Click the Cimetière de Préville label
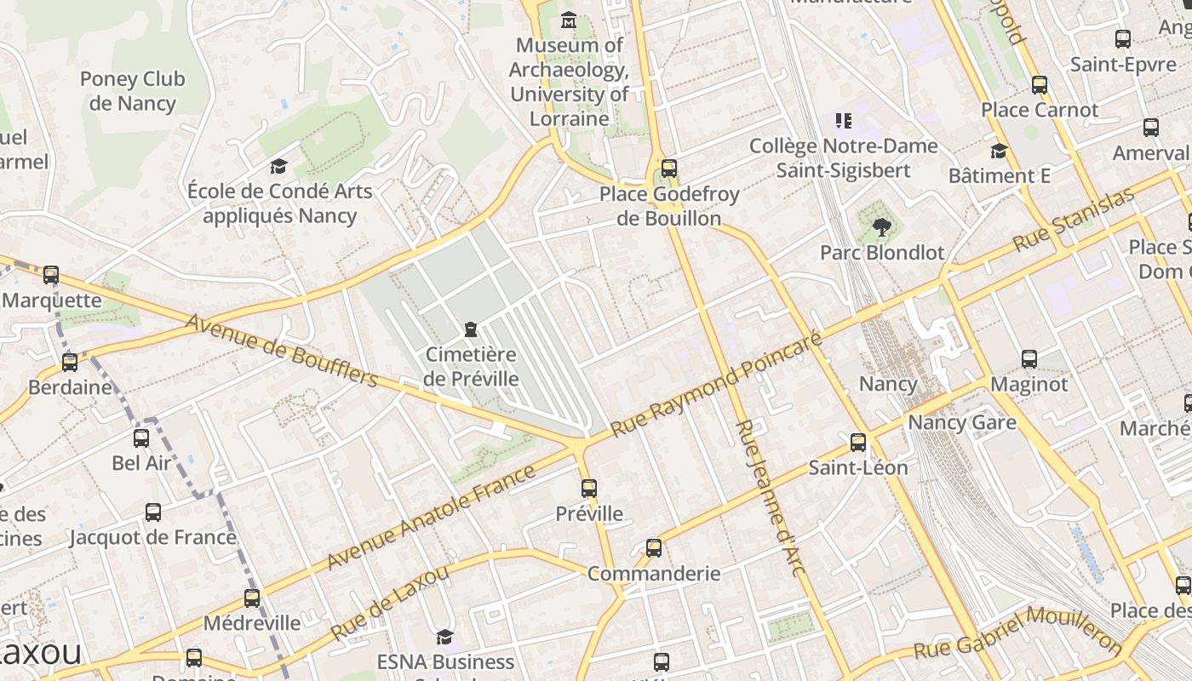click(x=471, y=366)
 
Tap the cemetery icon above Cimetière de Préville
click(x=470, y=329)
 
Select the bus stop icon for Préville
click(x=589, y=489)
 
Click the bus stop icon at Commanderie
click(x=654, y=548)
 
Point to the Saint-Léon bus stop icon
click(x=858, y=443)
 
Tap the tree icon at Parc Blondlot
click(x=882, y=227)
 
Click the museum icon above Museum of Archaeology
click(x=569, y=20)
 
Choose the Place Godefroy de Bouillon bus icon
click(x=669, y=169)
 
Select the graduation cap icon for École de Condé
click(x=278, y=166)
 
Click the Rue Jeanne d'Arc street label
click(x=770, y=498)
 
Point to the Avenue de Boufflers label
click(x=282, y=351)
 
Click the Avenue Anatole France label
click(x=432, y=517)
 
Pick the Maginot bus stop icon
click(x=1029, y=359)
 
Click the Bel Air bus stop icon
click(x=141, y=438)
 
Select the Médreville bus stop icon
click(x=252, y=598)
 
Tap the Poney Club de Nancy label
click(x=132, y=91)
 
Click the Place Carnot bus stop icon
click(x=1040, y=85)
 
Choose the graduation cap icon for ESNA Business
click(x=444, y=637)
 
